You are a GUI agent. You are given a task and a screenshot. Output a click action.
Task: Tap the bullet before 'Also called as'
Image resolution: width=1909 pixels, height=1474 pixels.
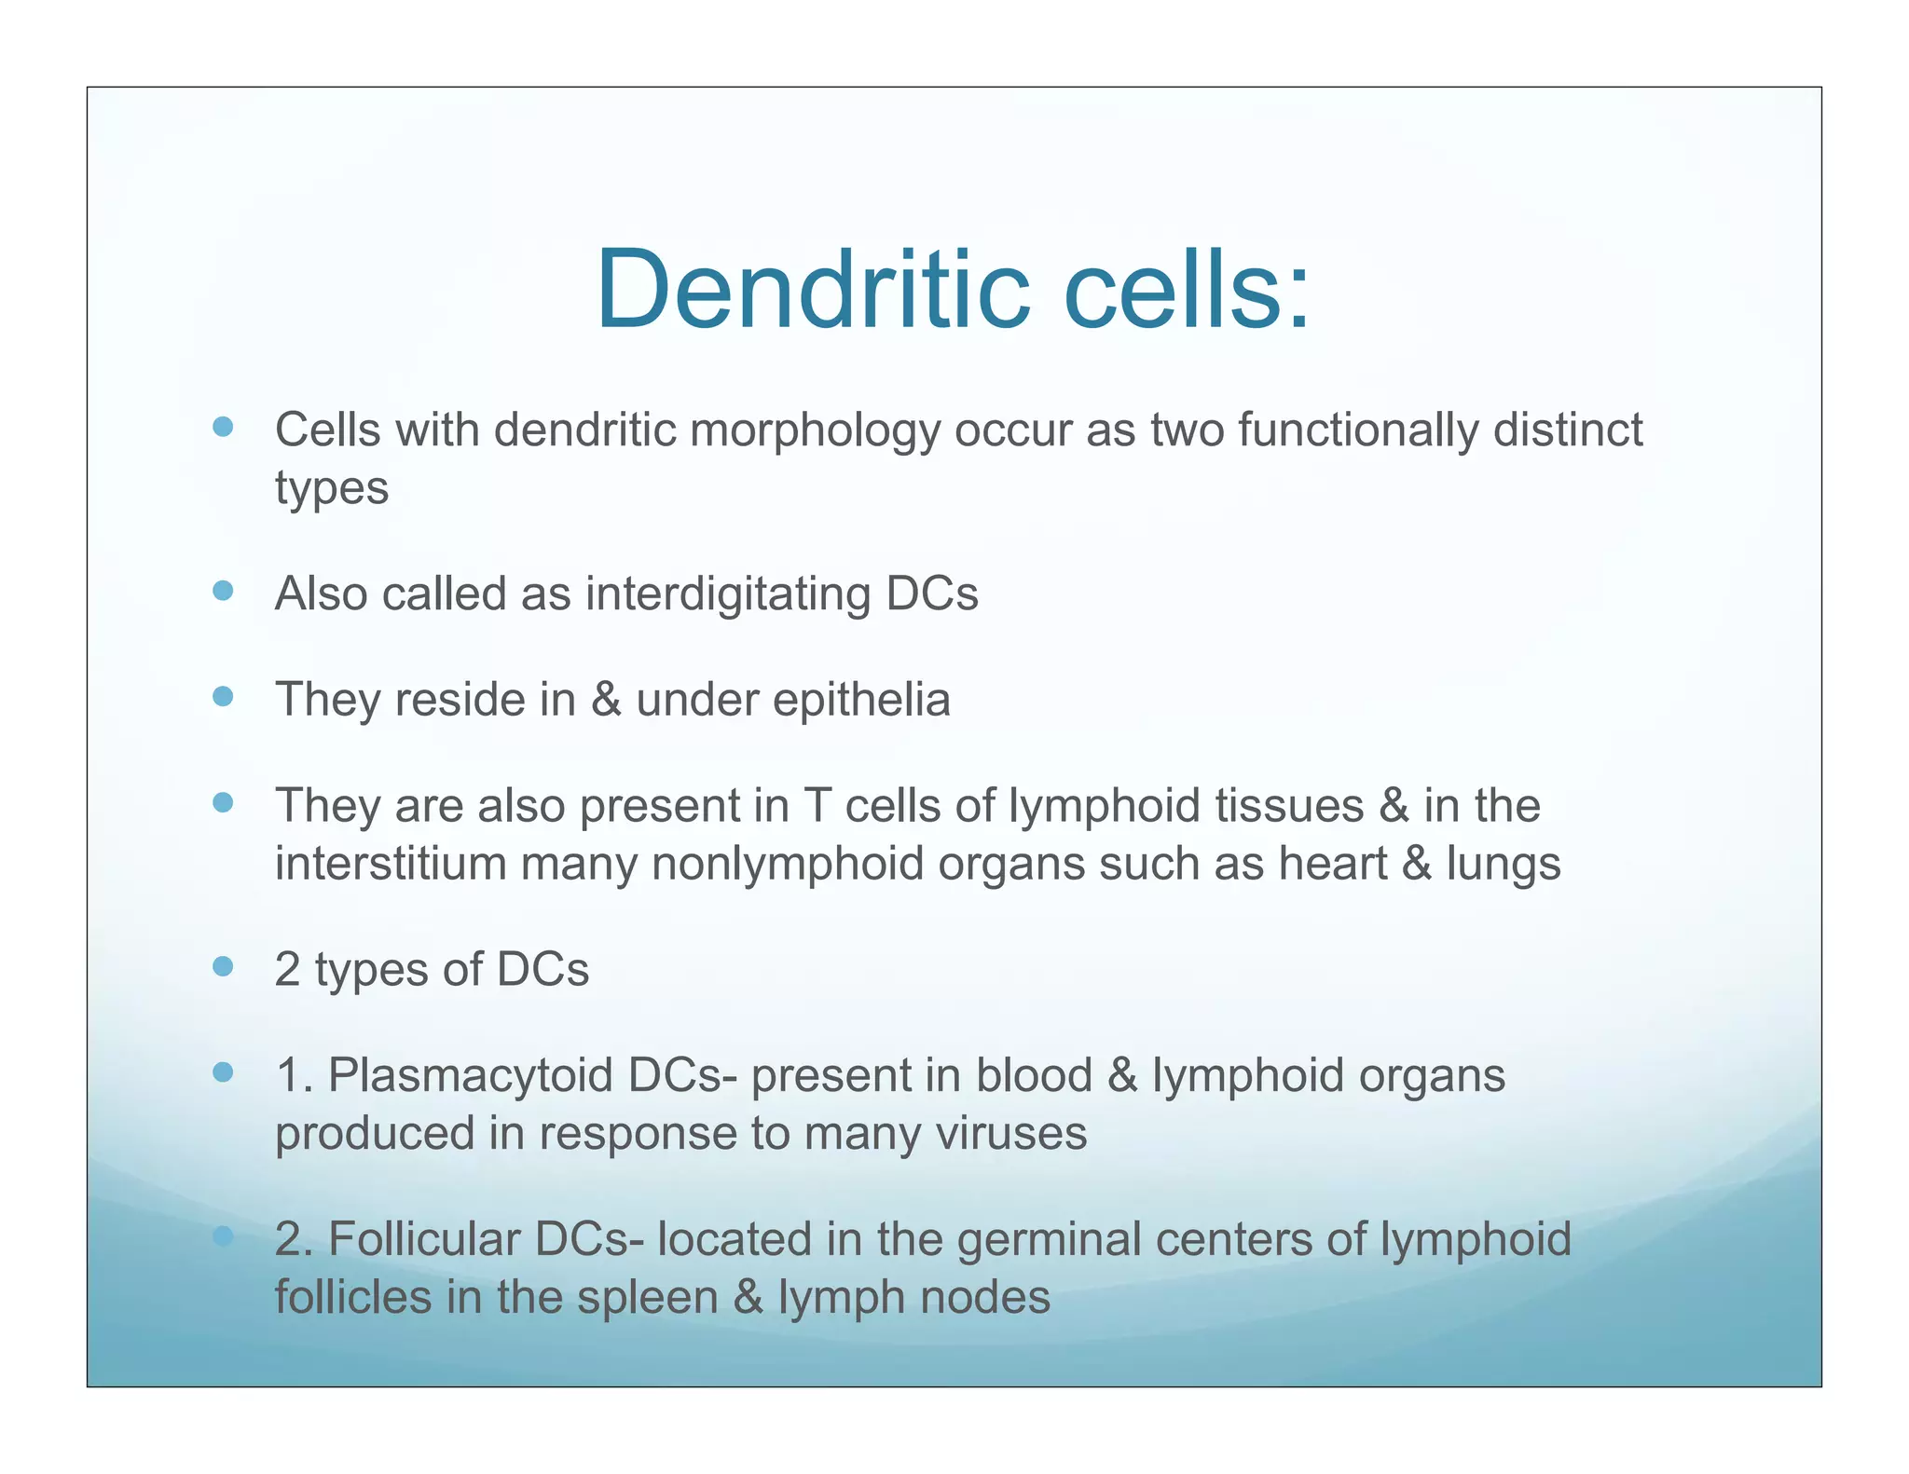[x=223, y=591]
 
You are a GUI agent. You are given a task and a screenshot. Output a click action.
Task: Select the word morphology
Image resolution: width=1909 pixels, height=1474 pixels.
[x=815, y=431]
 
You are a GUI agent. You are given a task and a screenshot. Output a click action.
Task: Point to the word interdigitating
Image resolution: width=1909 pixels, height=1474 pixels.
[x=727, y=594]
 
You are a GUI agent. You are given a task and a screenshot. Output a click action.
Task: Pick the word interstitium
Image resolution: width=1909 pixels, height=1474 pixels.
[x=391, y=863]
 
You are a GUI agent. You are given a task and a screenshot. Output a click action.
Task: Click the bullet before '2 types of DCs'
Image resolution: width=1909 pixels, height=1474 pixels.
[x=223, y=966]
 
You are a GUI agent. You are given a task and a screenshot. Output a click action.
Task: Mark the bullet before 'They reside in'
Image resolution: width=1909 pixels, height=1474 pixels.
[x=223, y=697]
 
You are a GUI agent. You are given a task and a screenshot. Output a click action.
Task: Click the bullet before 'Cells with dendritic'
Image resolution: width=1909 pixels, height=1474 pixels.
[x=223, y=428]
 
